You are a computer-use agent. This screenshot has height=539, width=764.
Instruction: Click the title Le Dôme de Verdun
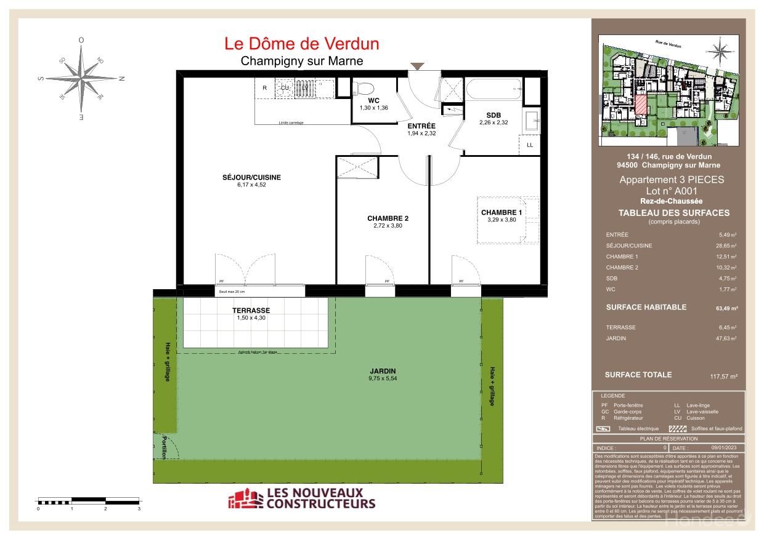click(301, 44)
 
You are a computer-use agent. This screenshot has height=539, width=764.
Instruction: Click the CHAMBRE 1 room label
click(501, 213)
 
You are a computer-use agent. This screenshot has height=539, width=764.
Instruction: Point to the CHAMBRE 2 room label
click(388, 218)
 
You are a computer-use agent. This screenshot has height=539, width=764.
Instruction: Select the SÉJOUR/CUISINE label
click(251, 177)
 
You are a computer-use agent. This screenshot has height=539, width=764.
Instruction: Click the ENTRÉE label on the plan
click(421, 126)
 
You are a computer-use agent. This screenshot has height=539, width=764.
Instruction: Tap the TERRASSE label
click(251, 311)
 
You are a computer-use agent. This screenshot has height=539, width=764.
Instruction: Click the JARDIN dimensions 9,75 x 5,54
click(383, 379)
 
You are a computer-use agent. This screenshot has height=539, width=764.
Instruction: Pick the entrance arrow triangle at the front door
click(417, 66)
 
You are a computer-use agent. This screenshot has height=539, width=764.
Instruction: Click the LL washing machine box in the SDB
click(529, 145)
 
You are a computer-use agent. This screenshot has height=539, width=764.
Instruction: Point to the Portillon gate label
click(165, 447)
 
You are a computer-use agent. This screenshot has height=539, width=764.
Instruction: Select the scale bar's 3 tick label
click(139, 509)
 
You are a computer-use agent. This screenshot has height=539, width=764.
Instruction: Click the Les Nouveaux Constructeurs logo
click(301, 498)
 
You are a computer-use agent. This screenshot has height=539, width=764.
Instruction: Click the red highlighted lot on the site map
click(641, 105)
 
